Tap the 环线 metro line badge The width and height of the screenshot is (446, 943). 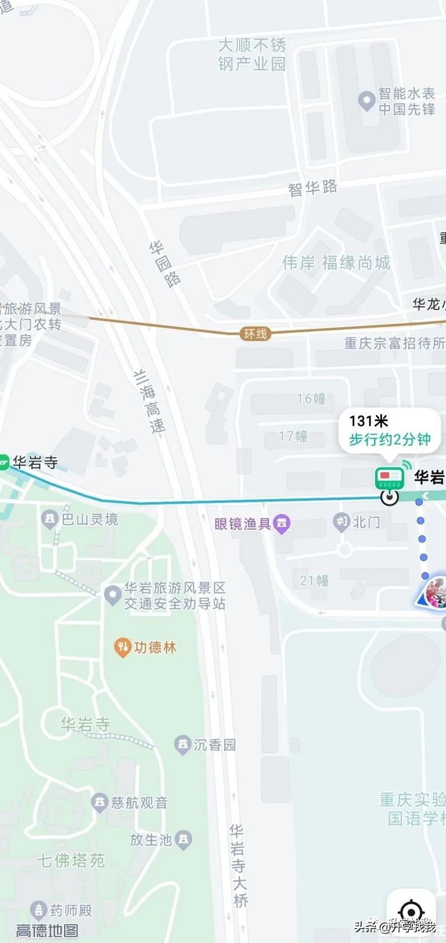tap(255, 334)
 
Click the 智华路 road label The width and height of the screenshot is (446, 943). tap(312, 188)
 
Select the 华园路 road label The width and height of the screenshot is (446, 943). tap(165, 264)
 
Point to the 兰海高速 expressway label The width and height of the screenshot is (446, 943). tap(150, 401)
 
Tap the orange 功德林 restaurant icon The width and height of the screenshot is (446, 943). tap(122, 648)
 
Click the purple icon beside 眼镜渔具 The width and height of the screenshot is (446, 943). tap(282, 523)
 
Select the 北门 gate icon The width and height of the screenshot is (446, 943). tap(342, 521)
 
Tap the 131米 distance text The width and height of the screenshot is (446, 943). tap(368, 421)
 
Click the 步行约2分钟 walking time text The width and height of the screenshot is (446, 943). tap(390, 439)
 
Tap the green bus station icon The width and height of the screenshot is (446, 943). tap(389, 477)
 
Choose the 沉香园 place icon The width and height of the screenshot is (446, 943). tap(182, 744)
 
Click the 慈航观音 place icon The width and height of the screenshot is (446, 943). tap(99, 802)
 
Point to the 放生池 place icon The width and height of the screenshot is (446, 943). tap(184, 839)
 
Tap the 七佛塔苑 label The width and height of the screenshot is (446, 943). tap(71, 861)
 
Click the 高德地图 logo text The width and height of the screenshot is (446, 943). tap(47, 930)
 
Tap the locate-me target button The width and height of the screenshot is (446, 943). tap(411, 911)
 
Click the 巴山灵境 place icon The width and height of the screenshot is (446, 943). tap(50, 519)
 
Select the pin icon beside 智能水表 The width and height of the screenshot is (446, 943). tap(366, 101)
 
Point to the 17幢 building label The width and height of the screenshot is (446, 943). tap(293, 437)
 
